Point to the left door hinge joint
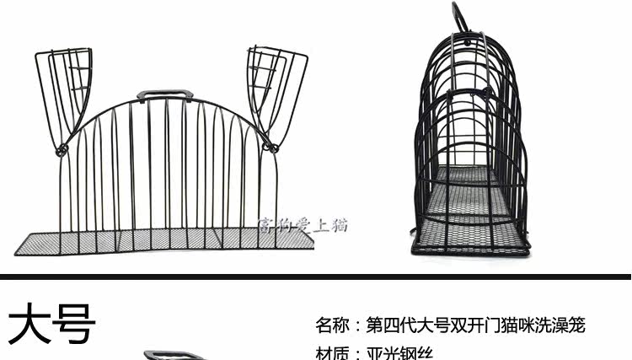[61, 150]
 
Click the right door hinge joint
[271, 148]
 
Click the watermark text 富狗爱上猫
[301, 225]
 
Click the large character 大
[30, 325]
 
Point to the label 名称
[331, 325]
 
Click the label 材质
[331, 354]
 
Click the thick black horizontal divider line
[316, 276]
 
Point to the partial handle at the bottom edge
[167, 356]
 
